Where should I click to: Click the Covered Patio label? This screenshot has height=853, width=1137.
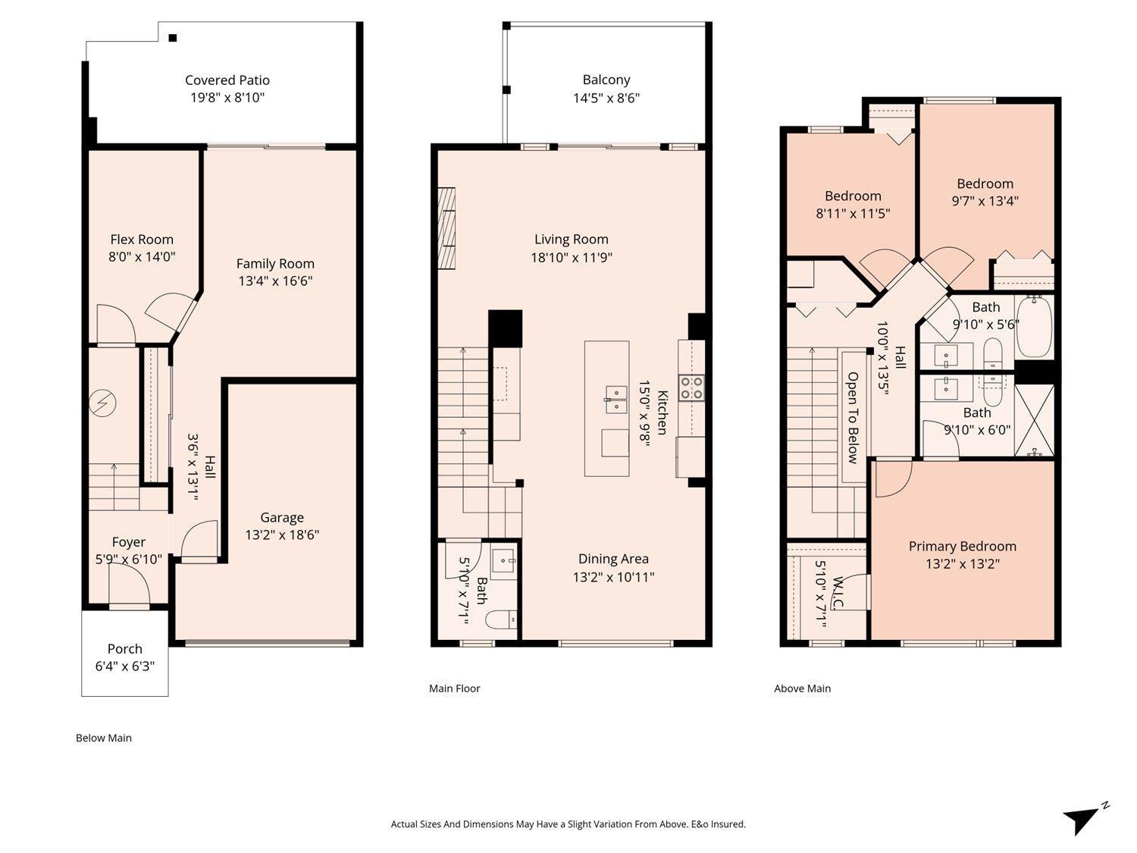coord(227,80)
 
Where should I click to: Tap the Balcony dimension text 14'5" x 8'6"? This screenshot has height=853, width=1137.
coord(606,98)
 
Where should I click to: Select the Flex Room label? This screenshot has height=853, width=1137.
coord(142,240)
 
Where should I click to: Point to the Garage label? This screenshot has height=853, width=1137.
coord(282,517)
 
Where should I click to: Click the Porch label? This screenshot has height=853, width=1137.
coord(124,648)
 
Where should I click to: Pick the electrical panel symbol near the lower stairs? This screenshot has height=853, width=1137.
coord(102,403)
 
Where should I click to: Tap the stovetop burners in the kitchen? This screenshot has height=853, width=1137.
coord(691,388)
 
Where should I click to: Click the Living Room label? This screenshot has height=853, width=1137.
coord(572,240)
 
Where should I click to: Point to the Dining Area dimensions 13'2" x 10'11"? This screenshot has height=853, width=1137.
coord(613,577)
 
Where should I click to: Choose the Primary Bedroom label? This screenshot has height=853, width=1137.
coord(962,547)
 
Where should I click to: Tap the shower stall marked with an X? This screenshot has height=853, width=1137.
coord(1034,421)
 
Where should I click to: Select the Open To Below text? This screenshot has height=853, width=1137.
coord(853,418)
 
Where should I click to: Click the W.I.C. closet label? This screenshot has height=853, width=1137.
coord(838,592)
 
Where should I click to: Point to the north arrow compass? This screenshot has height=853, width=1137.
coord(1085,819)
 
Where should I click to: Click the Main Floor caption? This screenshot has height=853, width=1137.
coord(454,688)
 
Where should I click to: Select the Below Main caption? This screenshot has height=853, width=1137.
coord(104,738)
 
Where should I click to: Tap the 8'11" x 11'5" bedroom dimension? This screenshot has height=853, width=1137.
coord(853,213)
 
